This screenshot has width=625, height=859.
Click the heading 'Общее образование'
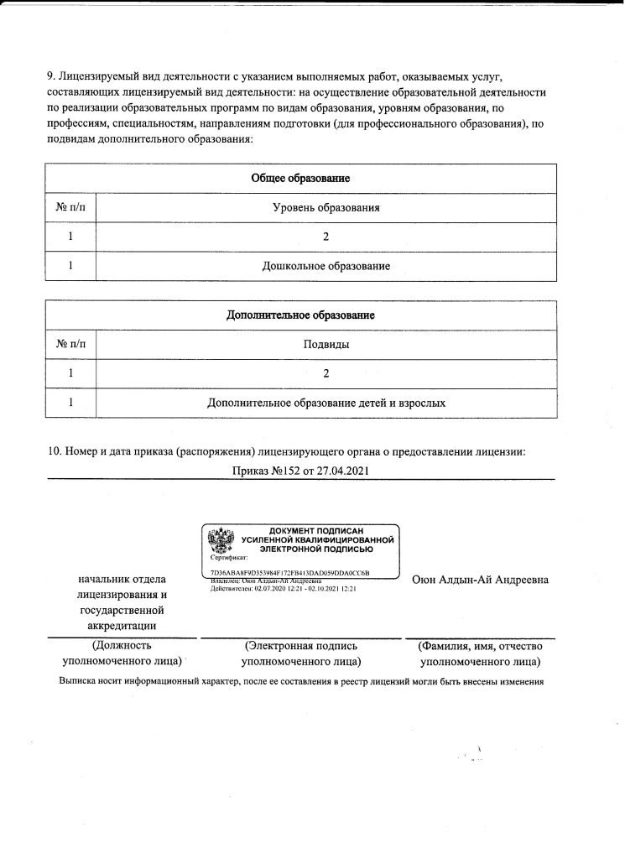pyautogui.click(x=300, y=179)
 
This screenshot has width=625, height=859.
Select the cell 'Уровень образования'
pyautogui.click(x=326, y=207)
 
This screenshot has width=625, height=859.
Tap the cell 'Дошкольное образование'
pyautogui.click(x=326, y=266)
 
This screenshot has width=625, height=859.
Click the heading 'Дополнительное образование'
pyautogui.click(x=300, y=315)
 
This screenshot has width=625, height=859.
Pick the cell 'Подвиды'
pyautogui.click(x=326, y=344)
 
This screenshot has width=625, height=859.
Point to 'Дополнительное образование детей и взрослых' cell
pyautogui.click(x=326, y=403)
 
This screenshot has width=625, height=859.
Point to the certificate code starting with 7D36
pyautogui.click(x=290, y=572)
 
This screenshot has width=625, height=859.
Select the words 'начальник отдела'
pyautogui.click(x=121, y=580)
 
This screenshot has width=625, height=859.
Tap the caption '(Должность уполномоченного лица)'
pyautogui.click(x=122, y=653)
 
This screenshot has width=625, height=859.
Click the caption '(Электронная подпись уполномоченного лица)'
pyautogui.click(x=301, y=653)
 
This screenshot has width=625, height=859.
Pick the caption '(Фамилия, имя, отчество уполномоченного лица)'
pyautogui.click(x=481, y=653)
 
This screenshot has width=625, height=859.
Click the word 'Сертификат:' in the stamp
pyautogui.click(x=229, y=557)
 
